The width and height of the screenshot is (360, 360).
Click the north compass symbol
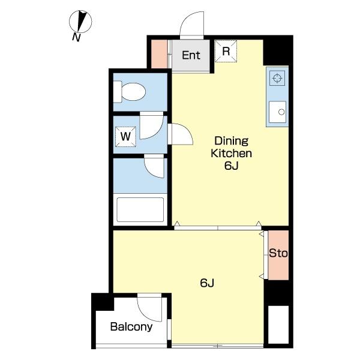(x=80, y=22)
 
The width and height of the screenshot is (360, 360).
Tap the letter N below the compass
(x=76, y=37)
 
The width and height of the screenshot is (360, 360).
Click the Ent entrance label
(x=191, y=55)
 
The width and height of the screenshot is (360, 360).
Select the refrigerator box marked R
(x=226, y=51)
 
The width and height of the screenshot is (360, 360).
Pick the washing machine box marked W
(x=125, y=137)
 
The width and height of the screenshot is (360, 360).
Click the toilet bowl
(x=134, y=92)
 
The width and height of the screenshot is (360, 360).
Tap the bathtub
(x=140, y=209)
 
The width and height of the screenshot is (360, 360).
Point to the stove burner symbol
(x=277, y=78)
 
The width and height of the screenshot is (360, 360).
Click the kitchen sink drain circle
(x=281, y=112)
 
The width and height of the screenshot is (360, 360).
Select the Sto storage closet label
(x=278, y=253)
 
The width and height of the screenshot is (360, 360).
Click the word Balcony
(x=131, y=327)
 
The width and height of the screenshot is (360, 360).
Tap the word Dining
(x=232, y=141)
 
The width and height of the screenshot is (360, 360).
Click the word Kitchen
(x=232, y=153)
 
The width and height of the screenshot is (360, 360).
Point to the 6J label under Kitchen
(x=232, y=166)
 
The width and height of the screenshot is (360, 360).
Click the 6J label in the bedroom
(x=207, y=283)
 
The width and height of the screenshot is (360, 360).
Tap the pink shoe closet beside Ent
(x=160, y=54)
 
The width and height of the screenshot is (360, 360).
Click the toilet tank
(x=118, y=92)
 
